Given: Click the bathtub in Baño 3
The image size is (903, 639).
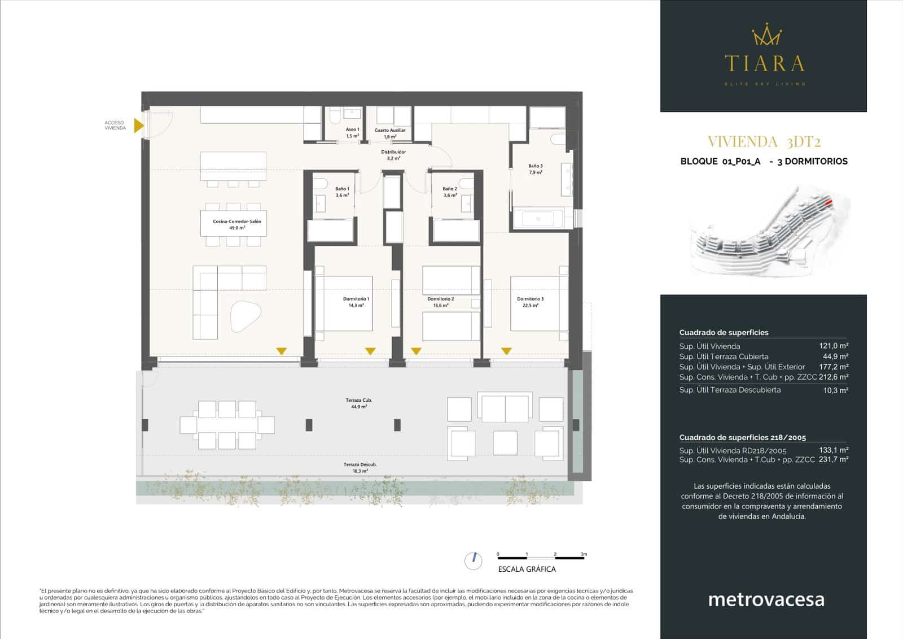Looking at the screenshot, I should coord(537,219).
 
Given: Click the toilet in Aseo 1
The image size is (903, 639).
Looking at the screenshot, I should coord(334,117).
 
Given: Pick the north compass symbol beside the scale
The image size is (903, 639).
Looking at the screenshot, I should coord(474,560).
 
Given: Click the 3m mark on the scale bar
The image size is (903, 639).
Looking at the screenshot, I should coord(584,555).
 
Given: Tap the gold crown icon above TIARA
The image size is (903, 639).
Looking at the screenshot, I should coord(766,35).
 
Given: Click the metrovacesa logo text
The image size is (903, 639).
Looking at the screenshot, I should coord(766,599).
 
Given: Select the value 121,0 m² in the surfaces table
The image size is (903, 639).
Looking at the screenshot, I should coord(834,346).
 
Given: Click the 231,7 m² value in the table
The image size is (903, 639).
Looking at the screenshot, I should coord(834,460).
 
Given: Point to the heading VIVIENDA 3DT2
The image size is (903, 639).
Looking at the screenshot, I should coord(764,141).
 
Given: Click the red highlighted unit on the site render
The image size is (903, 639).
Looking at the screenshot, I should coord(828,201).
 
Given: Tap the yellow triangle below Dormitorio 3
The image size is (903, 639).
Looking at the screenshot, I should coord(506,351).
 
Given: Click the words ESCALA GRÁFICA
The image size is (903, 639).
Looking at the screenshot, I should coord(527,569).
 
